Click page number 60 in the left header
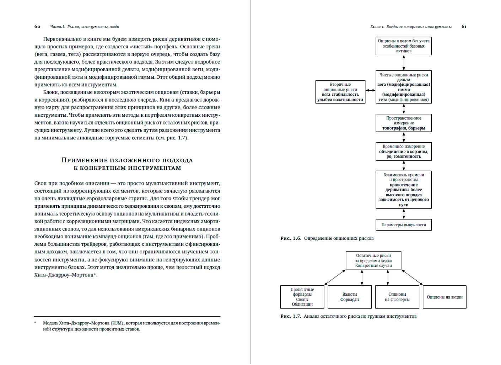coord(37,27)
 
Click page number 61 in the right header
coord(464,27)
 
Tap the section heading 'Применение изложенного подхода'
coord(127,160)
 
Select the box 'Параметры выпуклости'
coord(404,225)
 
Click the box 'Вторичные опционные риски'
coord(340,92)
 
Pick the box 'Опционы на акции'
coord(445,297)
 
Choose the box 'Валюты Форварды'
coord(350,297)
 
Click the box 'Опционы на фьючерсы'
coord(397,297)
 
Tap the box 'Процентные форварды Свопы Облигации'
coord(302,297)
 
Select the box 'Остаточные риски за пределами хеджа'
coord(373,261)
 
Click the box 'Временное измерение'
coord(404,152)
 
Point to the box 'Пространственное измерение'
coord(404,123)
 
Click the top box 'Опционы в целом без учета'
coord(404,46)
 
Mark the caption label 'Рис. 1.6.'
coord(291,238)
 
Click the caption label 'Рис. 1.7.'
coord(291,316)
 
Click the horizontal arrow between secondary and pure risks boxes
coord(371,90)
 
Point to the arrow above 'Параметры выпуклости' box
coord(404,213)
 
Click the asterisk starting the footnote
coord(35,323)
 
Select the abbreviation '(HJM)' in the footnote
coord(117,323)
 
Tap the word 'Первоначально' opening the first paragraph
coord(60,39)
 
